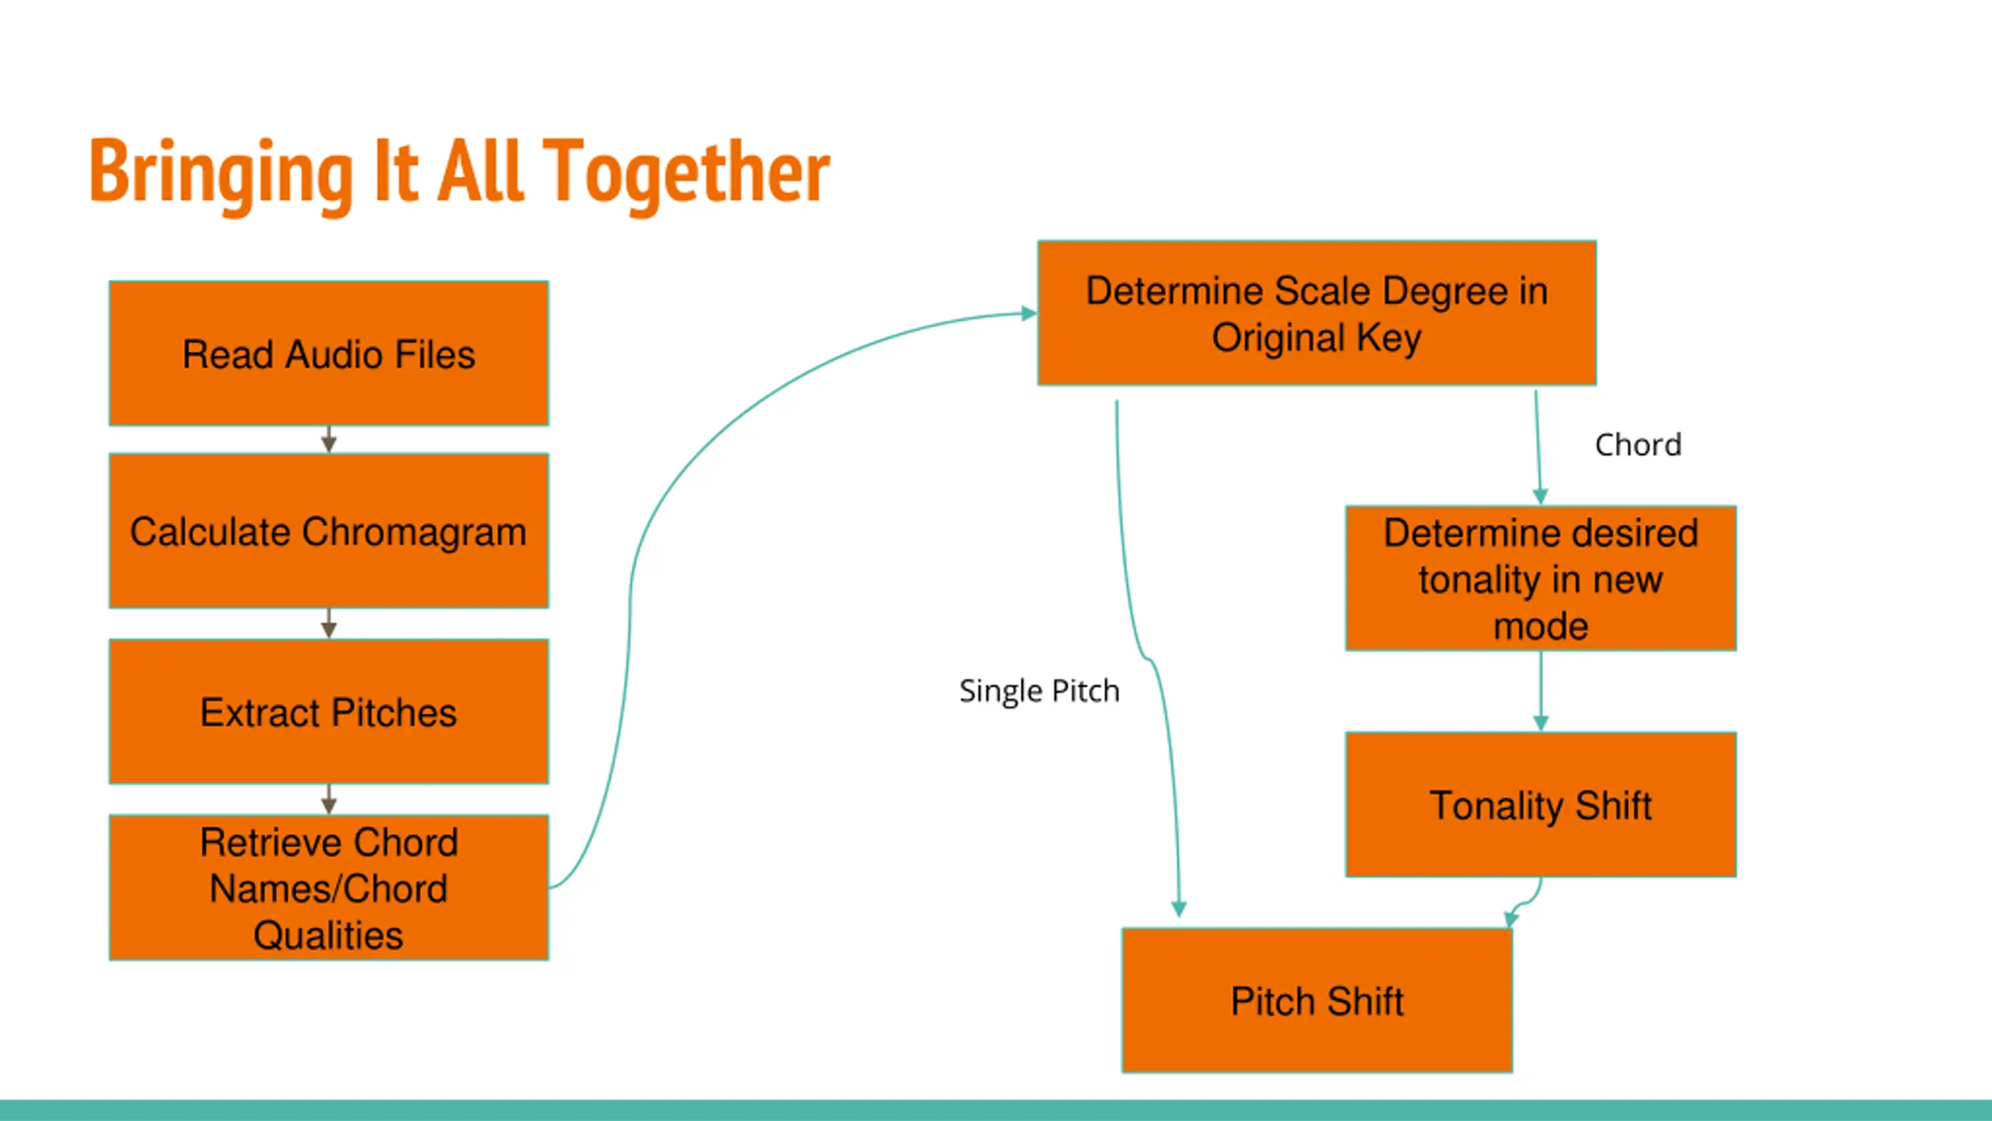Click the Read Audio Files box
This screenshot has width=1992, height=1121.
coord(328,354)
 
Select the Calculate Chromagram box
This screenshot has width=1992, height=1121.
coord(328,531)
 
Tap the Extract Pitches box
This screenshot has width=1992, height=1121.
coord(328,712)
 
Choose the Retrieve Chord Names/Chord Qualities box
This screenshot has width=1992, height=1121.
coord(328,887)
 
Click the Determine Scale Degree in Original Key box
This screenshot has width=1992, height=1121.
coord(1317,313)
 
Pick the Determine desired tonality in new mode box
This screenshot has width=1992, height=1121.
coord(1541,578)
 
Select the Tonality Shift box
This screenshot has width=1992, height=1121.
coord(1541,805)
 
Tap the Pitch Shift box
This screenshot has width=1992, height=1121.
coord(1317,1000)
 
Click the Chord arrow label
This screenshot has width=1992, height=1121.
coord(1638,445)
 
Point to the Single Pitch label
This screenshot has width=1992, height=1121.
coord(1039,691)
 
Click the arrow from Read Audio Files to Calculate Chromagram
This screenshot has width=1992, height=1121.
coord(328,440)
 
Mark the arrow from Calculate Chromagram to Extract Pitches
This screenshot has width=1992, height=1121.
coord(328,624)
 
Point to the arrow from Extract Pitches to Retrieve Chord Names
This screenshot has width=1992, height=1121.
coord(328,799)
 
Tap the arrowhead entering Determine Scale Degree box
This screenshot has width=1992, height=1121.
coord(1029,313)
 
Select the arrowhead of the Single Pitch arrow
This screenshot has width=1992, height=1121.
coord(1179,908)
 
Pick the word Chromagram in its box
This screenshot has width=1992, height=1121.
coord(414,532)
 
